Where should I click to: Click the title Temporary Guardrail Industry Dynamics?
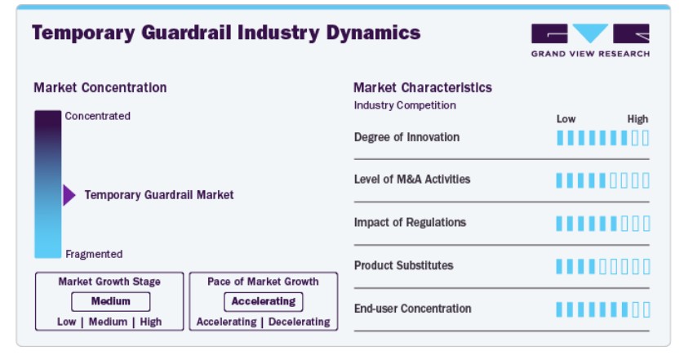click(226, 33)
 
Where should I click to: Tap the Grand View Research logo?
click(590, 41)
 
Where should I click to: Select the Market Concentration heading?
click(100, 87)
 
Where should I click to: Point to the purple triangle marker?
click(69, 194)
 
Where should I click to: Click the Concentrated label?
click(98, 116)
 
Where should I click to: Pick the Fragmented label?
click(94, 254)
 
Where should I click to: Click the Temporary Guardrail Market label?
click(159, 195)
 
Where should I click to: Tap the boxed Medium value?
click(111, 301)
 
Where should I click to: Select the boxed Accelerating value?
click(264, 301)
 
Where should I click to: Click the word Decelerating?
click(300, 322)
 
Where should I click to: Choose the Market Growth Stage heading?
click(109, 282)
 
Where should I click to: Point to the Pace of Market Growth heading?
click(263, 282)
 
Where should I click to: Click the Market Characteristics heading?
click(423, 87)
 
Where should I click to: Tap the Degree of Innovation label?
click(406, 137)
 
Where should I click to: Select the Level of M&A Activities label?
click(412, 180)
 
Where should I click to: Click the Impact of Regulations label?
click(410, 223)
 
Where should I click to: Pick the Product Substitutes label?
click(403, 265)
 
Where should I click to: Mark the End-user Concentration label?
click(413, 309)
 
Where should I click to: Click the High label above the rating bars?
click(637, 119)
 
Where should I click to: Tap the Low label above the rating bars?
click(566, 119)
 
